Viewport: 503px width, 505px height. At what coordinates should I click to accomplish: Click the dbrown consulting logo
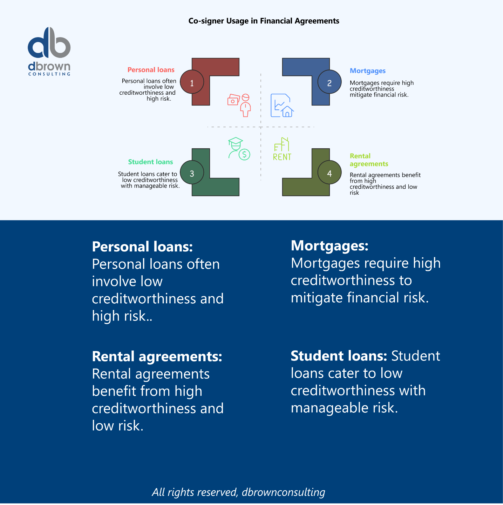[49, 51]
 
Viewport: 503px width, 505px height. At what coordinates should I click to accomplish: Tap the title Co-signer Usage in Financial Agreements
[264, 21]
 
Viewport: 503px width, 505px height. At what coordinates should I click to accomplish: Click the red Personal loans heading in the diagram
[151, 70]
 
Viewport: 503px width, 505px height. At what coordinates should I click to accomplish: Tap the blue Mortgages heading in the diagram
[367, 71]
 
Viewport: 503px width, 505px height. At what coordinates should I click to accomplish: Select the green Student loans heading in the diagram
[150, 162]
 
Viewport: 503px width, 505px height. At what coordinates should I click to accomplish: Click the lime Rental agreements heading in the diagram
[368, 160]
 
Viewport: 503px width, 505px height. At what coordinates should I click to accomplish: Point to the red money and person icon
[239, 105]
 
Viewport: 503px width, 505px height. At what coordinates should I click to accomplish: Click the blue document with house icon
[282, 105]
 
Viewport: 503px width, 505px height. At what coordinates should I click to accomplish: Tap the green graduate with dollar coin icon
[238, 148]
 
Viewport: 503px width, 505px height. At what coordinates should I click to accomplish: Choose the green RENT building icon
[282, 149]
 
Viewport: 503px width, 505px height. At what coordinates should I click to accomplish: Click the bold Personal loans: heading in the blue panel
[142, 247]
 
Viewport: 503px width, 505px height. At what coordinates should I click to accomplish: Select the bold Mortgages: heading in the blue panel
[329, 245]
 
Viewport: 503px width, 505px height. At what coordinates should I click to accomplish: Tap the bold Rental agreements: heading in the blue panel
[157, 356]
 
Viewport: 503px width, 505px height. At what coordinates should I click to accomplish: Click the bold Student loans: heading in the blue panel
[339, 356]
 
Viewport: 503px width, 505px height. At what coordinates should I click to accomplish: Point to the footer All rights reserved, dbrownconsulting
[238, 492]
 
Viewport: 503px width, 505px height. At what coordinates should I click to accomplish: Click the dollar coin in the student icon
[244, 154]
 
